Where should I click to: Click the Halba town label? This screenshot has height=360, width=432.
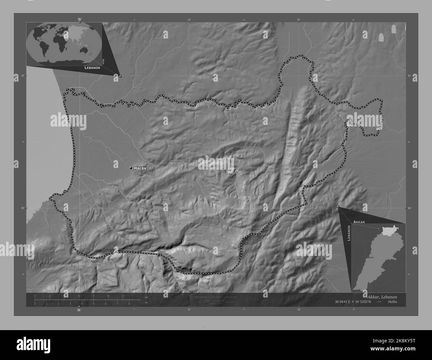coord(140,168)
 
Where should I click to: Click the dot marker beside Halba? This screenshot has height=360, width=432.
coord(131,168)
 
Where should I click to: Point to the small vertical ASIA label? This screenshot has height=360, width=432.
coord(103,61)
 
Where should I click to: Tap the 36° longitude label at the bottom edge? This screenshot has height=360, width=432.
coord(79,310)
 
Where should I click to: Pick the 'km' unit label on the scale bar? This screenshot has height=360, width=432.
coord(147,297)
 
